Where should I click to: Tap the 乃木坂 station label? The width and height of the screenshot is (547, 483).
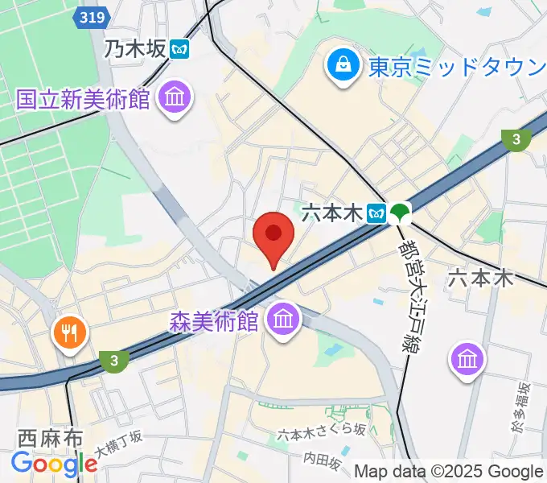click(x=134, y=49)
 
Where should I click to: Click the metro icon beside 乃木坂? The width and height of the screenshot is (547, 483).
click(x=179, y=49)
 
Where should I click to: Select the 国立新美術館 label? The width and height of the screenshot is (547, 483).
click(x=84, y=99)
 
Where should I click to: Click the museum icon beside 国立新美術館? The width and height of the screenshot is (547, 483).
click(x=174, y=99)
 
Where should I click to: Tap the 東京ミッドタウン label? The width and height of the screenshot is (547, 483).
click(x=457, y=67)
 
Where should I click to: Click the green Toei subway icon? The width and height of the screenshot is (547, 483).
click(x=400, y=213)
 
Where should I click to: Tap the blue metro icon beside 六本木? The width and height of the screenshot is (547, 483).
click(x=376, y=213)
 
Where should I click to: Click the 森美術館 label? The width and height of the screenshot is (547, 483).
click(x=214, y=322)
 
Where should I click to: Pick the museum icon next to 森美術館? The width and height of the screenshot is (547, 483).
click(x=283, y=321)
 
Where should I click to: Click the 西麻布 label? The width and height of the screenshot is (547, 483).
click(x=51, y=440)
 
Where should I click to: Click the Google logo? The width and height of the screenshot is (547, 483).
click(x=55, y=464)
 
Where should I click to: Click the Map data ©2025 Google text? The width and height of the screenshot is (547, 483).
click(x=449, y=472)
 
